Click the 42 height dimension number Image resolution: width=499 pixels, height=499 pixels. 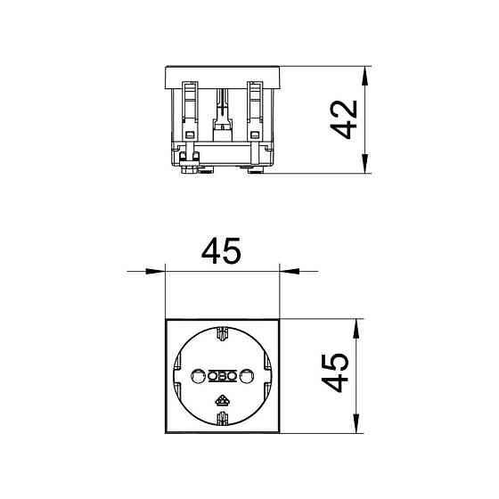[x=343, y=119]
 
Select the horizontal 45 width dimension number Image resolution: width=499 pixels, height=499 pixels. [x=222, y=250]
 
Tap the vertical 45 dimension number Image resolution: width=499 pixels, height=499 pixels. [x=335, y=372]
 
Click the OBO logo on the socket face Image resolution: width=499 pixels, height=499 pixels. [x=222, y=376]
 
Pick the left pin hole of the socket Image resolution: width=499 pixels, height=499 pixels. [x=198, y=376]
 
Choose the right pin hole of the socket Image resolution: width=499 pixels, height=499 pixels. [x=247, y=376]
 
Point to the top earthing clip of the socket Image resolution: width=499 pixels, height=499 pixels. [x=222, y=333]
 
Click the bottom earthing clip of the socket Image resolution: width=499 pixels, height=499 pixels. [x=222, y=419]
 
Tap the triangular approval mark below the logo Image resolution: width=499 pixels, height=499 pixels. [x=222, y=401]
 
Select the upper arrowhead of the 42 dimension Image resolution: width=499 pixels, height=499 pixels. [x=364, y=76]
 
